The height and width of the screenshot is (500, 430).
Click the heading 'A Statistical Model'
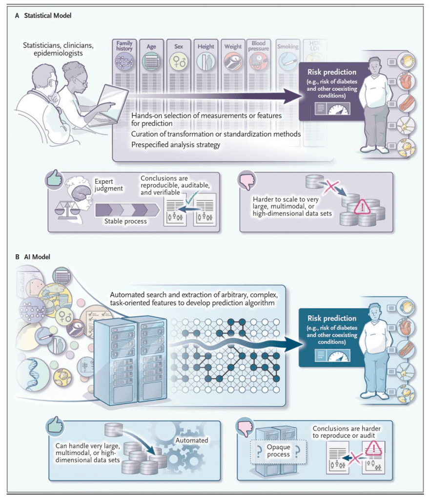tap(43, 16)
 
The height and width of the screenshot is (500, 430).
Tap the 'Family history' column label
tap(124, 46)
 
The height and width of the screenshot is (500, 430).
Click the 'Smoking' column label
tap(287, 47)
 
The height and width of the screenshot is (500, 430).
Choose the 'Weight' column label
tap(233, 47)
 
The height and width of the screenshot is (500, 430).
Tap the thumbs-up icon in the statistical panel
tap(55, 180)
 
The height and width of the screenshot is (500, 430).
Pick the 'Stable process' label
tap(126, 221)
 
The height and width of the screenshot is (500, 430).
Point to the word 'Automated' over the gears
tap(191, 440)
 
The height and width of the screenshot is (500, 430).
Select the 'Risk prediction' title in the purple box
tap(332, 72)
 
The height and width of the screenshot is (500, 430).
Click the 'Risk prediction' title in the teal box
tap(332, 318)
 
